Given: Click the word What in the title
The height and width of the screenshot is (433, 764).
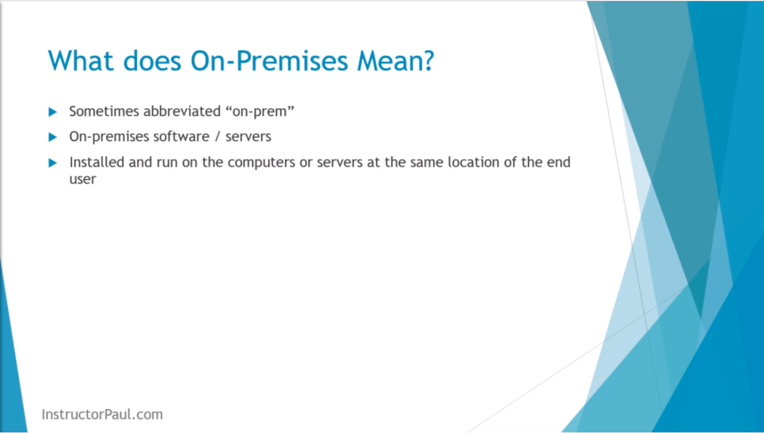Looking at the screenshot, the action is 80,61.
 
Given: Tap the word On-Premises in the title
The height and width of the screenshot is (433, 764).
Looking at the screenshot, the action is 269,61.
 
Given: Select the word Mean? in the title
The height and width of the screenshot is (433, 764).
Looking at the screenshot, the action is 395,61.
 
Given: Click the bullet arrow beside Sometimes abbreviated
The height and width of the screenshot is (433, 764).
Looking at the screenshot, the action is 52,112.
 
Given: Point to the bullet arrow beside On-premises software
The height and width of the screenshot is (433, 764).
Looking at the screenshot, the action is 52,137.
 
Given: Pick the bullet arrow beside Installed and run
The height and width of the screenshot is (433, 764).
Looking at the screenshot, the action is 52,163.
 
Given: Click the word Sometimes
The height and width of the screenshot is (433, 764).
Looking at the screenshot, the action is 104,111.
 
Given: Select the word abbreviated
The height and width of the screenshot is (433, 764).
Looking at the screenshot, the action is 182,111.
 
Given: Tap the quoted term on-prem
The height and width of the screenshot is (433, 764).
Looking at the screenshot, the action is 260,112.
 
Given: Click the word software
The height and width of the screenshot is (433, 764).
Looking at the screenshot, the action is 181,137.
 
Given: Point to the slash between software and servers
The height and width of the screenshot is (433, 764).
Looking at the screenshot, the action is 217,137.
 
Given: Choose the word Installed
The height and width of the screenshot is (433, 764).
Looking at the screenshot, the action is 97,162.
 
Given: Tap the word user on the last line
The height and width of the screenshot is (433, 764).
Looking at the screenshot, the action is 83,179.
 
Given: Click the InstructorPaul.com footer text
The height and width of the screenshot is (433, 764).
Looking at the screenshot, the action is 102,414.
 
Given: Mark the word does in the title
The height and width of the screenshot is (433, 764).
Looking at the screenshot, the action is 152,61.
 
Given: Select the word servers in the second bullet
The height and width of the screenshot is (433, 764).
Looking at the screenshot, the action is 248,137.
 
